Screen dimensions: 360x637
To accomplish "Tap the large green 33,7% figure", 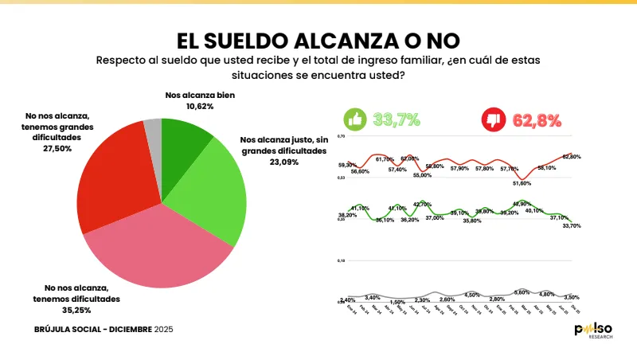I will point(397,120).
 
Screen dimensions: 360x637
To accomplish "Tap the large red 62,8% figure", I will point(533,120).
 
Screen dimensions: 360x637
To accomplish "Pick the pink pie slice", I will point(159,247).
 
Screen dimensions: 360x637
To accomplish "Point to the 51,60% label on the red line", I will point(522,183).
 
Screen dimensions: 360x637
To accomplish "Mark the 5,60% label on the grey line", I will point(522,292).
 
